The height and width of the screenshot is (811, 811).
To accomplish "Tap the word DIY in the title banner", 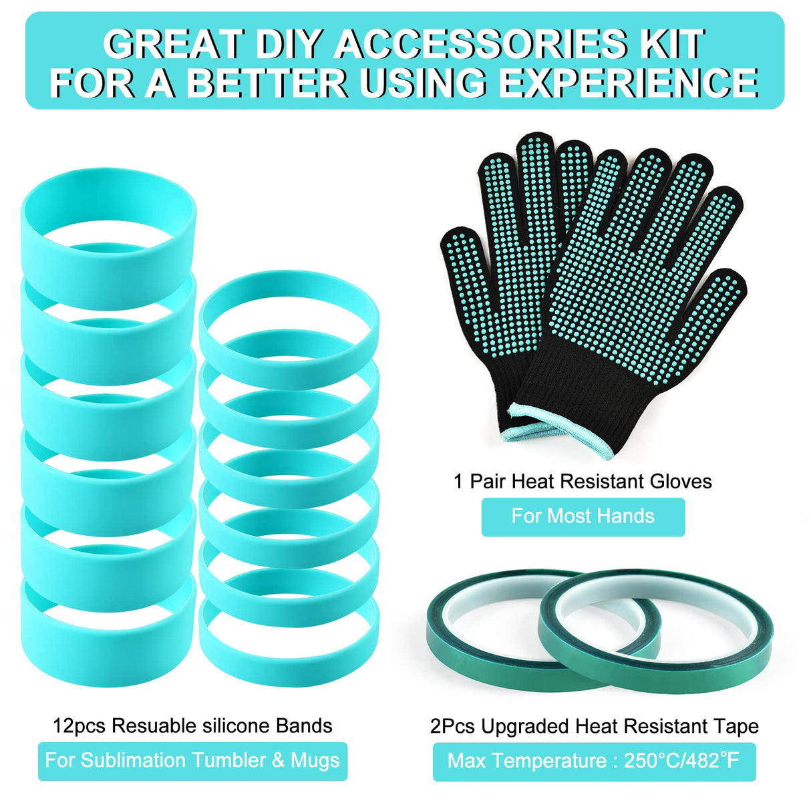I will tap(291, 45).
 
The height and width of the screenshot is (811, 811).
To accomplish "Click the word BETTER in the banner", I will tap(267, 84).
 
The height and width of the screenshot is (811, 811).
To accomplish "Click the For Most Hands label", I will tap(583, 516).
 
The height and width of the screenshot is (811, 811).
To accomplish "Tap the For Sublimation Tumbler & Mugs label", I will tap(192, 761).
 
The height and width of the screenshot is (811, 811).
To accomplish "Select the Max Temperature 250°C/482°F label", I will tap(594, 762).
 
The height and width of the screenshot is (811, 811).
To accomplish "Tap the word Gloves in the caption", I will tap(679, 482).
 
